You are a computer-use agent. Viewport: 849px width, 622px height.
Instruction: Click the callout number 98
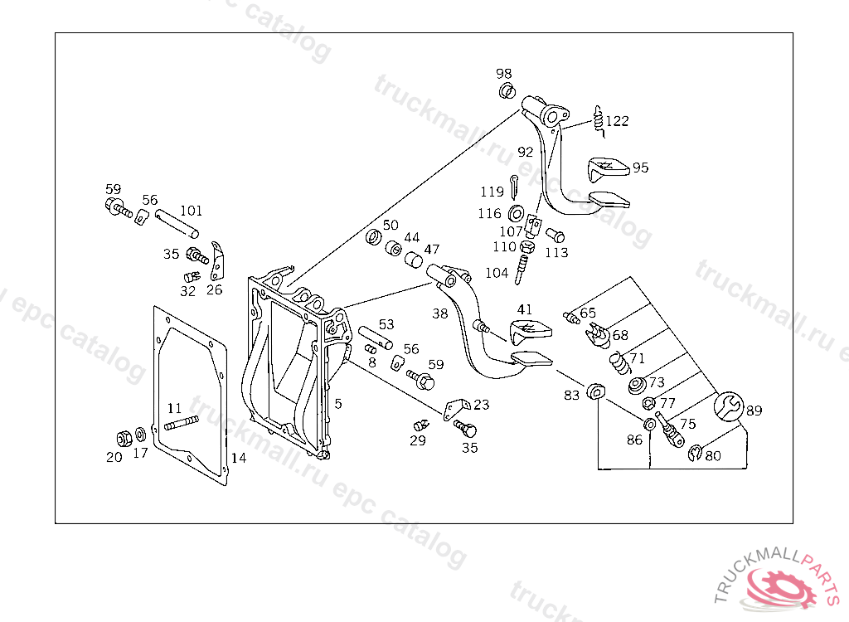[504, 74]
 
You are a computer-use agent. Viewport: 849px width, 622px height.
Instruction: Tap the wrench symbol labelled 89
[727, 407]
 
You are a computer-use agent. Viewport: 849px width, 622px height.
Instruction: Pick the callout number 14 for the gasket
[238, 458]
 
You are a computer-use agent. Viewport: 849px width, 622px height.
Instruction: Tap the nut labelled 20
[124, 437]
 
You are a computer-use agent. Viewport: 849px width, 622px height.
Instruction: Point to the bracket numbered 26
[218, 260]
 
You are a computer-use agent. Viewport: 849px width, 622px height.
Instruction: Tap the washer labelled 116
[515, 213]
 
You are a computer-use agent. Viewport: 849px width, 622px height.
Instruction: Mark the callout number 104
[497, 273]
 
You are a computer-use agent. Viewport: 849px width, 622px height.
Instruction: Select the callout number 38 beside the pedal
[439, 313]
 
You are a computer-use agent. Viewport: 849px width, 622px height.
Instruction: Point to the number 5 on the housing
[338, 403]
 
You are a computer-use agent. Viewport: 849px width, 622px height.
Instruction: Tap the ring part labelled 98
[506, 90]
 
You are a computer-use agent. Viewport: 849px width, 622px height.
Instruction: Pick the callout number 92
[526, 152]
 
